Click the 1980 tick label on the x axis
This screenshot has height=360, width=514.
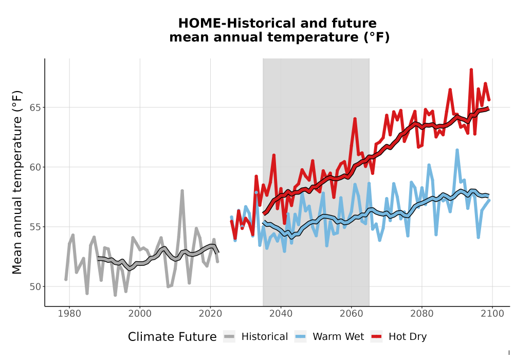coord(69,313)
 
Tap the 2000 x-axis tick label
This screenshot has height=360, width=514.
coord(140,313)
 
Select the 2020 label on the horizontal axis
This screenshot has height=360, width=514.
coord(210,313)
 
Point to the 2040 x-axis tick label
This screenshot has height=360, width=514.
coord(281,313)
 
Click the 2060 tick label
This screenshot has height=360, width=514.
coord(352,313)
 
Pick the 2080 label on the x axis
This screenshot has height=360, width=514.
coord(422,313)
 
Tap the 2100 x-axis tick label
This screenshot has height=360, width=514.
coord(492,313)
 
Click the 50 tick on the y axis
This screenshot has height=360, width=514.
coord(35,286)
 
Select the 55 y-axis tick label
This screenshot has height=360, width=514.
coord(35,227)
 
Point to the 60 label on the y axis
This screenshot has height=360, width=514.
coord(35,167)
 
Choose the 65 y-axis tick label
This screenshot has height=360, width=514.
coord(35,107)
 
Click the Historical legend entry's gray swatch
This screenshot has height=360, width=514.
coord(229,337)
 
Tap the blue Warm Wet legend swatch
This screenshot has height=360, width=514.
coord(300,337)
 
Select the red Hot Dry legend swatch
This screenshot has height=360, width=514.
coord(377,337)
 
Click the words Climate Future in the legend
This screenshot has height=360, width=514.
coord(172,337)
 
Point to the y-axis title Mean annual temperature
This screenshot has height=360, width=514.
coord(17,182)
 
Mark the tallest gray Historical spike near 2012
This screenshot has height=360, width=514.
coord(182,190)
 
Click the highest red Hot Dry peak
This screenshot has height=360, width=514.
coord(471,69)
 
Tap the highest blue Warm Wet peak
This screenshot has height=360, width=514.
coord(457,150)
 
